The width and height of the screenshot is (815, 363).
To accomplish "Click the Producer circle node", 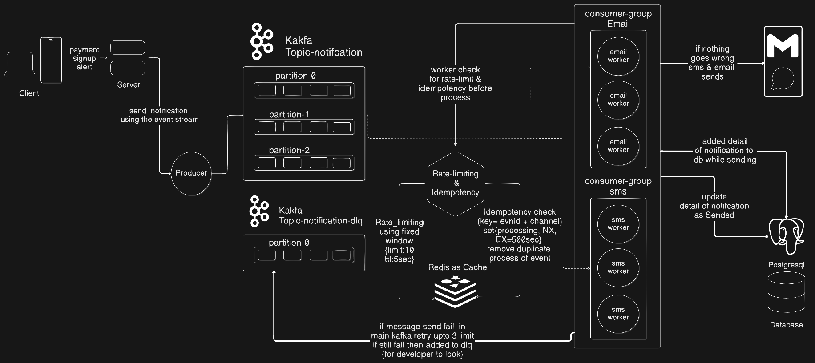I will (191, 173).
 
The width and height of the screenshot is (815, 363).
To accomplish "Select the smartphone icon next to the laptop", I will (51, 60).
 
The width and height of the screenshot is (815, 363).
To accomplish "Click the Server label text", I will (129, 84).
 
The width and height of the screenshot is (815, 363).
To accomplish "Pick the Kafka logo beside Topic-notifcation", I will (261, 41).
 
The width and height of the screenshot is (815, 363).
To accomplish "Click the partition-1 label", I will (289, 114).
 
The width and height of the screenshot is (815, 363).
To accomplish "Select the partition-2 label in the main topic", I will (289, 150).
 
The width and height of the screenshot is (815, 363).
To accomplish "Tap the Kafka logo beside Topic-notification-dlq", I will (259, 211).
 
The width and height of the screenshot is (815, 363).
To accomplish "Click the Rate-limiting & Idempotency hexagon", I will (455, 183).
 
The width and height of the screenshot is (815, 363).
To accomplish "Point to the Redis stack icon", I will (455, 291).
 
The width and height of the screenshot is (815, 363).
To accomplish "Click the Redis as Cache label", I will (457, 267).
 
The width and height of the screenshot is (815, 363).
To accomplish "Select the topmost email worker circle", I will (618, 56).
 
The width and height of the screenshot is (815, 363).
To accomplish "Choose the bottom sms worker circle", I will (618, 313).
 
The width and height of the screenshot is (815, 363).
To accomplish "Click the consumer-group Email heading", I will (618, 19).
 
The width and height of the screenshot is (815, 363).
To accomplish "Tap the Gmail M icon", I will (783, 46).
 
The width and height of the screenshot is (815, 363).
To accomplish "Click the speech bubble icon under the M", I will (782, 79).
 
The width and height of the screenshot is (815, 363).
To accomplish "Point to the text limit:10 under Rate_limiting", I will (399, 250).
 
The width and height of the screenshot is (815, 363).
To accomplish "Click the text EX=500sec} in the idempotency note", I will (518, 239).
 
